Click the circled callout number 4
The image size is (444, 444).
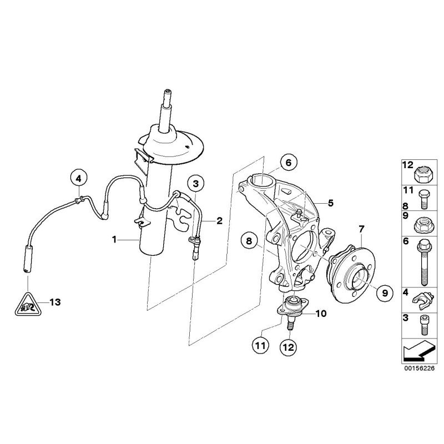(x=79, y=178)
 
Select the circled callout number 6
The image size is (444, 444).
(x=287, y=163)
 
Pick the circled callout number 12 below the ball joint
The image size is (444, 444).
(x=289, y=347)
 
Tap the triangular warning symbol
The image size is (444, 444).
(x=25, y=304)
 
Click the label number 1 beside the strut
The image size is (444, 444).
(x=114, y=240)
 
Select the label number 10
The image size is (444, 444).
(x=321, y=314)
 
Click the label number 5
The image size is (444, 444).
(x=330, y=203)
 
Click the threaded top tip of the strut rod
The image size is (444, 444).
(x=166, y=93)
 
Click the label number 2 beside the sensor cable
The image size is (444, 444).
(x=219, y=221)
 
